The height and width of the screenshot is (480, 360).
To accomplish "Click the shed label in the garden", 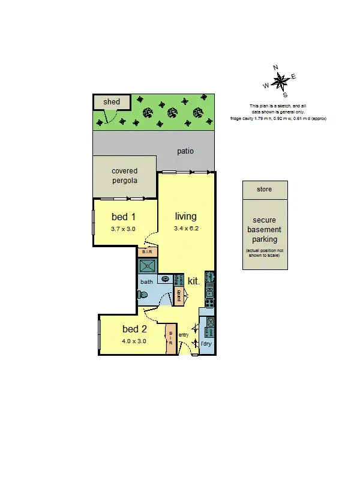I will tap(112, 102).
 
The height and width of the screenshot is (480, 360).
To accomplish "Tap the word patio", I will tap(185, 151).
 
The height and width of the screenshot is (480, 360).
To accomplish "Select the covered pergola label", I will tap(125, 176).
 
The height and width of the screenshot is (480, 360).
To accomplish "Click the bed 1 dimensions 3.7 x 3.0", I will tap(124, 229).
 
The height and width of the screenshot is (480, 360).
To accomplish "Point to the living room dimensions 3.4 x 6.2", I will tap(185, 229).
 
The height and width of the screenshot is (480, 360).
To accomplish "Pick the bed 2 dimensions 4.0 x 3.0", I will tap(134, 341).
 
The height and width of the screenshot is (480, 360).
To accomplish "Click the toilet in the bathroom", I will tap(142, 295).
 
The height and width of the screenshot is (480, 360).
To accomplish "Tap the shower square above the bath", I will tap(148, 266).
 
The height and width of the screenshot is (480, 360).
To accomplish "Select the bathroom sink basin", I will tap(164, 280).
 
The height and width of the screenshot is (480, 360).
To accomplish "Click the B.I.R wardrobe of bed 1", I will tap(147, 253).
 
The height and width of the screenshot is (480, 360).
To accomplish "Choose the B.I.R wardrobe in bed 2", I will tap(171, 339).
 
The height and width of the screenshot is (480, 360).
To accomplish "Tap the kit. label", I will tap(193, 281).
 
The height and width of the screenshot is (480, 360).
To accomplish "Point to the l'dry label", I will tap(206, 344).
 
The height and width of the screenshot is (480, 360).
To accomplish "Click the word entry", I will tap(184, 335).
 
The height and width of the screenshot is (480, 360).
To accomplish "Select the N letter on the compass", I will tap(275, 68).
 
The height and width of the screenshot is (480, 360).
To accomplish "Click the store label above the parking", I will tap(264, 190).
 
